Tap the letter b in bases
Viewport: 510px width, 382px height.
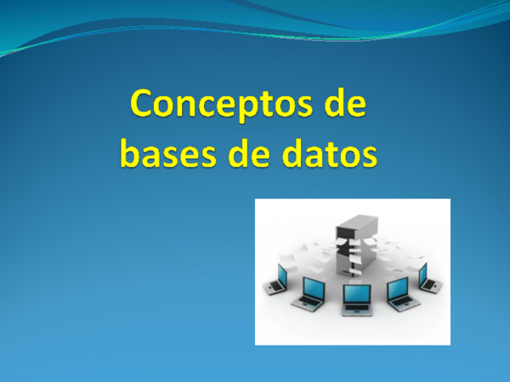130,153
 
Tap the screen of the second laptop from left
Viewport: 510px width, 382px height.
311,289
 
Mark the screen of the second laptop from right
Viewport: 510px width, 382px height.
398,289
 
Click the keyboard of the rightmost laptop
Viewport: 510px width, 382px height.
429,288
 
